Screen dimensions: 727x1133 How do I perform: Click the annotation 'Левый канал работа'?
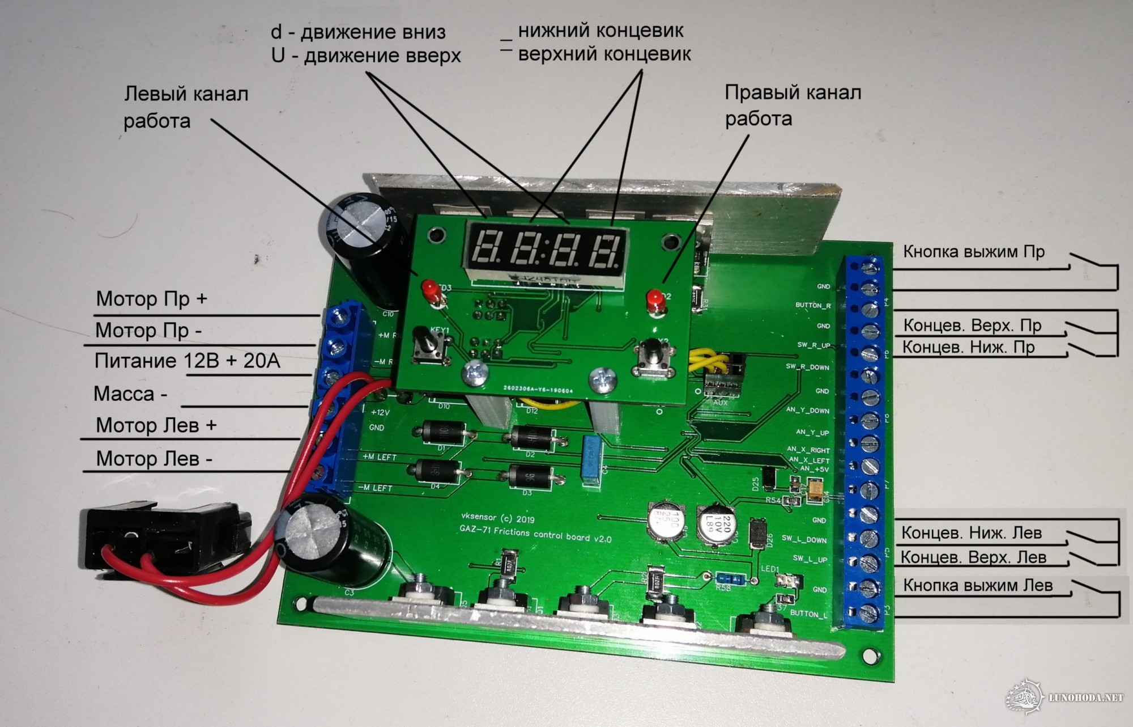tap(185, 107)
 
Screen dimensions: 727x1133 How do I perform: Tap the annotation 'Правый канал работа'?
tap(793, 105)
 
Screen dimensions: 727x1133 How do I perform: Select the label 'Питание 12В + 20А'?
tap(187, 361)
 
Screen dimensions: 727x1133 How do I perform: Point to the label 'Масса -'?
tap(130, 394)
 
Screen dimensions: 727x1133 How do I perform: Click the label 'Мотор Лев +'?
tap(156, 425)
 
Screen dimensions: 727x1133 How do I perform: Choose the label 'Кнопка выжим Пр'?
tap(973, 252)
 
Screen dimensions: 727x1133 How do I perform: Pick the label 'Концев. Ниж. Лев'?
tap(971, 533)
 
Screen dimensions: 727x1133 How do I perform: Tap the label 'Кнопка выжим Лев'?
tap(977, 585)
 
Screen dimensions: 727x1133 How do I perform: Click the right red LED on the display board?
tap(655, 299)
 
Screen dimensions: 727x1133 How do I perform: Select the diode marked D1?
tap(445, 433)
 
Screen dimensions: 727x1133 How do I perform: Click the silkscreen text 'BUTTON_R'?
tap(812, 306)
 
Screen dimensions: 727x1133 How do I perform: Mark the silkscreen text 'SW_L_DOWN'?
tap(804, 539)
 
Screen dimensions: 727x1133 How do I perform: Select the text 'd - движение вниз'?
tap(358, 32)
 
